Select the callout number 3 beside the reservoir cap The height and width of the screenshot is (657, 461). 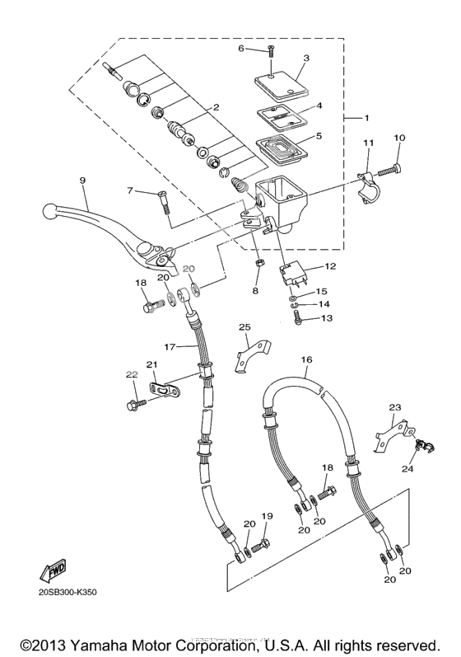pyautogui.click(x=305, y=59)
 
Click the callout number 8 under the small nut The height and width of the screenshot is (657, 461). pyautogui.click(x=255, y=290)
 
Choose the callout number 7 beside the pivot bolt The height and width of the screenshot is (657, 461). pyautogui.click(x=130, y=191)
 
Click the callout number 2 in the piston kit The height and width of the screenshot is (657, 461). pyautogui.click(x=215, y=108)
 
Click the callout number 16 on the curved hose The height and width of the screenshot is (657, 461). pyautogui.click(x=307, y=360)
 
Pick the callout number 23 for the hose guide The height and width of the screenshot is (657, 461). pyautogui.click(x=394, y=406)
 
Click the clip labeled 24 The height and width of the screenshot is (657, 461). pyautogui.click(x=424, y=447)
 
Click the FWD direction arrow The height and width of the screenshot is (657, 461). pyautogui.click(x=52, y=570)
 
